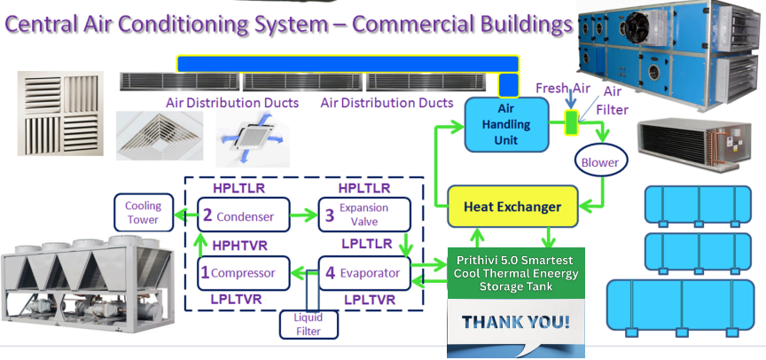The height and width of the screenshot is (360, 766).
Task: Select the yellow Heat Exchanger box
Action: [x=513, y=207]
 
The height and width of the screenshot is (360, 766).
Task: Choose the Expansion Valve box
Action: [x=364, y=214]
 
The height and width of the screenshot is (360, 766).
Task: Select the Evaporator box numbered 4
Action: [x=364, y=272]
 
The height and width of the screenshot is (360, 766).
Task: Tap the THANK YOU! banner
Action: [x=515, y=321]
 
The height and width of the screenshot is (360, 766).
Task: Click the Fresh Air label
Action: [x=562, y=88]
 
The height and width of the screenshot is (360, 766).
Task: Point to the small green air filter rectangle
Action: [x=571, y=122]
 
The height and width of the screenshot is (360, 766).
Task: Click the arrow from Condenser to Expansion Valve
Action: [x=304, y=215]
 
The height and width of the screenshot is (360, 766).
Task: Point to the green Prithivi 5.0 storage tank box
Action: [x=515, y=272]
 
